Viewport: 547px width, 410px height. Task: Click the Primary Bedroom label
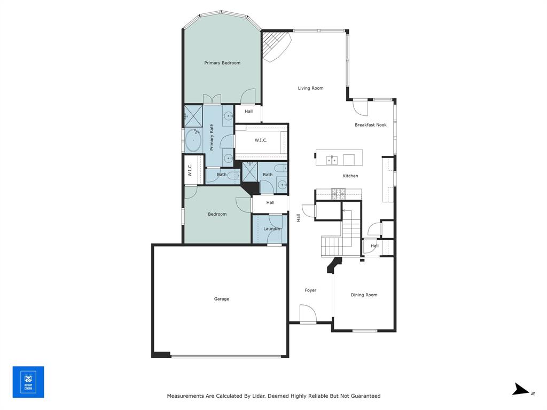[222, 63]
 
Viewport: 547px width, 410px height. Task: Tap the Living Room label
[310, 88]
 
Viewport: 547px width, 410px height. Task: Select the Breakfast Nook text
[371, 125]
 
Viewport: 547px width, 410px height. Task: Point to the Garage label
[222, 299]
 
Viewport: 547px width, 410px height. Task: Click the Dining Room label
[364, 295]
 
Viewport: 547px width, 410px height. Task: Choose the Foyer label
[310, 290]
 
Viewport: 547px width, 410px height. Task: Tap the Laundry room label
[272, 229]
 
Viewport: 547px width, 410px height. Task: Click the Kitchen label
[350, 176]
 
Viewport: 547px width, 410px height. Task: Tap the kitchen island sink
[332, 159]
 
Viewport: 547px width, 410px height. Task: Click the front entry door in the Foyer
[308, 314]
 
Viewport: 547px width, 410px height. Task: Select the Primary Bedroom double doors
[212, 99]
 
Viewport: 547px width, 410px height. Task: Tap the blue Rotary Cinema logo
[28, 382]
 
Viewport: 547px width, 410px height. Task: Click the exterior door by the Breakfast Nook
[361, 108]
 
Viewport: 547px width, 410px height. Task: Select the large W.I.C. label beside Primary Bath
[261, 140]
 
